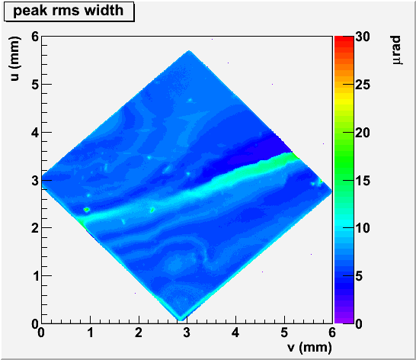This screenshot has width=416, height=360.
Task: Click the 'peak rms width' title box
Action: (x=69, y=11)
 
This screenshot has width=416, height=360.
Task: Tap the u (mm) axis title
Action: (x=14, y=59)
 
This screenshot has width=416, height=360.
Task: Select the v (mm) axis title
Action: (x=309, y=347)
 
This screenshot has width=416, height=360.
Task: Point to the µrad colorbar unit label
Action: (x=396, y=50)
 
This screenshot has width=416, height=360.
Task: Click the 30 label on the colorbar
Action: (x=363, y=37)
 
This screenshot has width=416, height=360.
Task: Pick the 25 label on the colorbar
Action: (x=363, y=85)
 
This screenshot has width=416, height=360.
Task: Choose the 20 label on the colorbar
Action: (x=363, y=132)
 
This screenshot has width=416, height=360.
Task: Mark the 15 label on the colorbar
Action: (x=363, y=181)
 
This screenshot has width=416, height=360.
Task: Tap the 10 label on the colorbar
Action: (x=363, y=228)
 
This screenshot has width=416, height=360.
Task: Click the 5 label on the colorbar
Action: (x=359, y=276)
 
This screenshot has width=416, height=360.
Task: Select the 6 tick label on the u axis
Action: (x=35, y=37)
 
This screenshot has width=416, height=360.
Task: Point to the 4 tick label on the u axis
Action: (x=35, y=132)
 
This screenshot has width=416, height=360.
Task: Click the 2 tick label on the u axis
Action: (x=35, y=228)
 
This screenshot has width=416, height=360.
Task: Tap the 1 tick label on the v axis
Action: (x=90, y=333)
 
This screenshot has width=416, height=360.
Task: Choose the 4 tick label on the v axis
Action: (x=235, y=333)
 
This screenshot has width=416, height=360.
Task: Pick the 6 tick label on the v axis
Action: (x=332, y=333)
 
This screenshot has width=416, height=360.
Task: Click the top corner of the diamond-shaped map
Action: (x=189, y=50)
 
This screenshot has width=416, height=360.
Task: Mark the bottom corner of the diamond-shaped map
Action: (x=181, y=320)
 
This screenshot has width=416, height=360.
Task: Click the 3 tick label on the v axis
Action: (x=187, y=333)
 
